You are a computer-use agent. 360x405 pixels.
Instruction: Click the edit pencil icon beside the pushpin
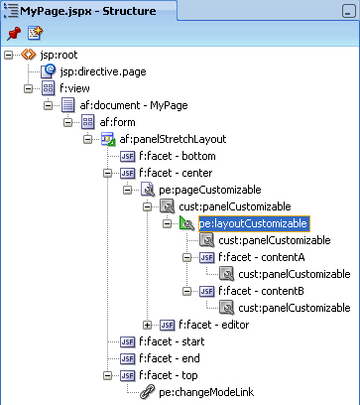[x=35, y=33]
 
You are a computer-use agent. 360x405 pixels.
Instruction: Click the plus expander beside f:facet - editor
[x=148, y=325]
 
